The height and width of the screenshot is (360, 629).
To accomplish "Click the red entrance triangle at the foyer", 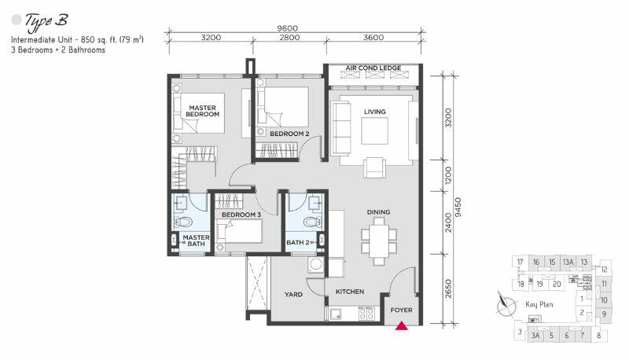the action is tap(402, 326).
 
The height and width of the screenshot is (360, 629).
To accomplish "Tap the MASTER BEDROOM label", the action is tap(202, 111).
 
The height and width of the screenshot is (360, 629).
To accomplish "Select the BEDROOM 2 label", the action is tap(289, 134).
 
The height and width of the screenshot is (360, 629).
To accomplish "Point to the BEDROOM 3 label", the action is tap(241, 215).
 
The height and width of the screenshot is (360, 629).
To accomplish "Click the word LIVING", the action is tap(375, 112).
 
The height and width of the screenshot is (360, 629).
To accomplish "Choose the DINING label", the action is tap(378, 212).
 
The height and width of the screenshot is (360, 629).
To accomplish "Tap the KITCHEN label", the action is tap(350, 292).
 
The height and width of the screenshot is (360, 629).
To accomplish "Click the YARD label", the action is tap(293, 294).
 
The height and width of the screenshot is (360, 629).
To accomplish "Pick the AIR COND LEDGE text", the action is tap(373, 68).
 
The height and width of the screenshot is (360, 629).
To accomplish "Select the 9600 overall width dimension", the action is tap(288, 28).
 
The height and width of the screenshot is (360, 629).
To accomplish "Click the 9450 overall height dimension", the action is tap(458, 208).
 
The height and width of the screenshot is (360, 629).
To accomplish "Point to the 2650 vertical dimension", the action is tap(448, 288).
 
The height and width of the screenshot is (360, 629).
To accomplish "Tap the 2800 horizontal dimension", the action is tap(289, 37).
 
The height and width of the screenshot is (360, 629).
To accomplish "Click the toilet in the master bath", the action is tap(183, 222).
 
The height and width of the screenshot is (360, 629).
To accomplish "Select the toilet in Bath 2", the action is tap(312, 222).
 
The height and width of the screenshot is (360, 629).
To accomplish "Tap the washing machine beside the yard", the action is tap(316, 265).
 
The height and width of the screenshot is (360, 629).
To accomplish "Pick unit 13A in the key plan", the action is tap(568, 263).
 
